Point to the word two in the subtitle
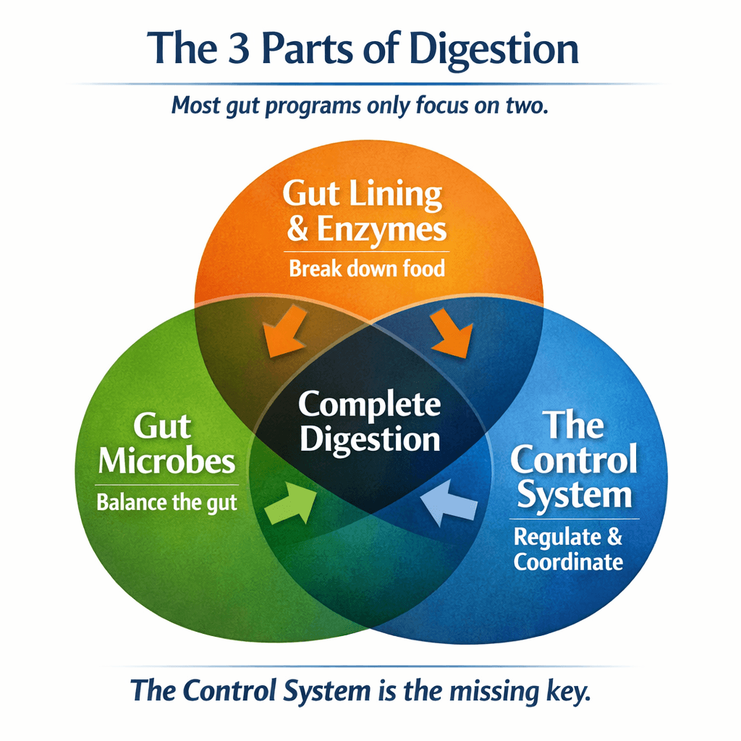(x=528, y=106)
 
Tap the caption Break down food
(x=367, y=269)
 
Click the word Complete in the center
(x=369, y=405)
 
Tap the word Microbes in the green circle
(x=166, y=461)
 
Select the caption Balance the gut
(x=167, y=502)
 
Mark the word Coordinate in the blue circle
(x=568, y=562)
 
